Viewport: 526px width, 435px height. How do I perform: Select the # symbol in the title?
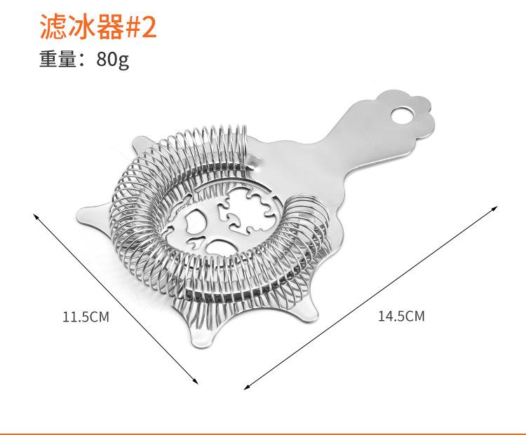(127, 28)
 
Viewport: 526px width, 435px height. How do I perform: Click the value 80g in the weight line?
(114, 60)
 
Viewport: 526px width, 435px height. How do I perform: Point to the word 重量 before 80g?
(57, 60)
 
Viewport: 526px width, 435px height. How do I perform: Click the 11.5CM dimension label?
(86, 317)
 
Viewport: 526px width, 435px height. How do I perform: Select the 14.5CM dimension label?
(401, 317)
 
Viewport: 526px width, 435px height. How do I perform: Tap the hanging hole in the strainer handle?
(405, 113)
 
